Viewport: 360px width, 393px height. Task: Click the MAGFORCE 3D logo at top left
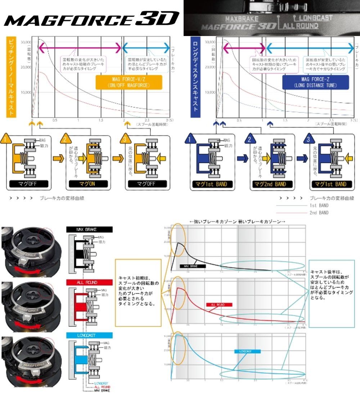point(91,18)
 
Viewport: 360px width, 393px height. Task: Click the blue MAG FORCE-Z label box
point(315,82)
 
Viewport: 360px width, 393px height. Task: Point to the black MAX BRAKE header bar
point(89,229)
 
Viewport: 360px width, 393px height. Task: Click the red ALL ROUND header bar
point(89,282)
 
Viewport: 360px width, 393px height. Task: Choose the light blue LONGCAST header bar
point(89,335)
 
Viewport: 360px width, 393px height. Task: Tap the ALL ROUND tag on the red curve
point(219,304)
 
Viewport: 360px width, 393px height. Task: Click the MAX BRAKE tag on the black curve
point(193,266)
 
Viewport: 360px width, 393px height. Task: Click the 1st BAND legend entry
point(319,206)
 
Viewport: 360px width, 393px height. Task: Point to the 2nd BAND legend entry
point(319,213)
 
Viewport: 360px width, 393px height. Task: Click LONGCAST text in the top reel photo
point(312,17)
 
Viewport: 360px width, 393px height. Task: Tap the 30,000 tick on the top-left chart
point(26,42)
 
